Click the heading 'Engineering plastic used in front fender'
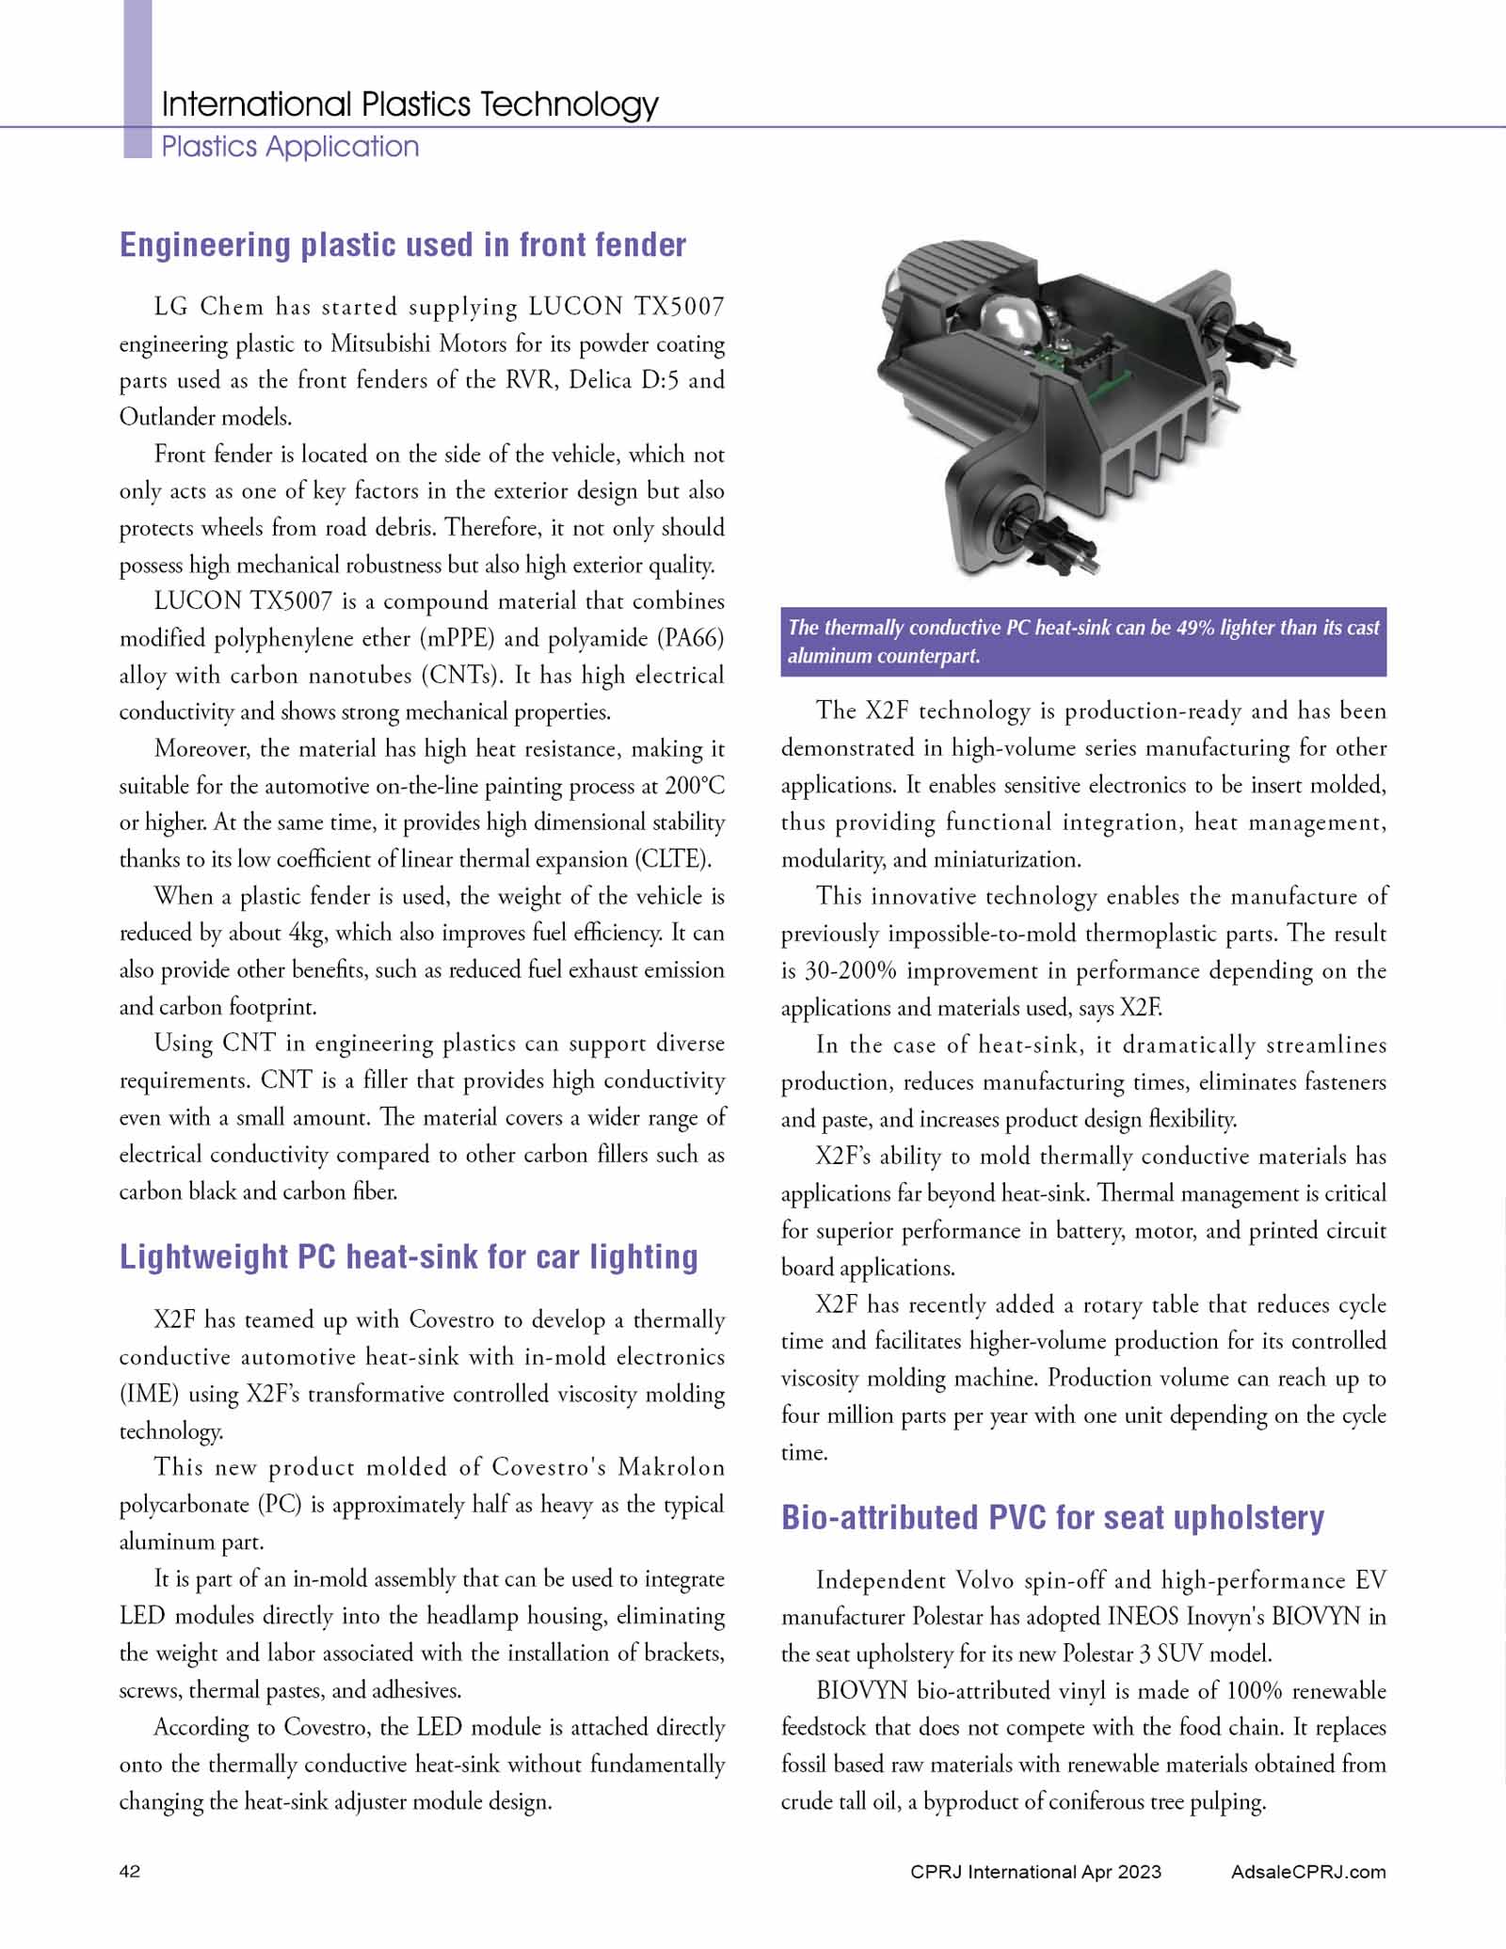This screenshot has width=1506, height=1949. point(403,245)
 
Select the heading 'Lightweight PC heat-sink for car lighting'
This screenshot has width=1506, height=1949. point(409,1257)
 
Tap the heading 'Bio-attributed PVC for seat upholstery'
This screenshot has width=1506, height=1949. point(1052,1518)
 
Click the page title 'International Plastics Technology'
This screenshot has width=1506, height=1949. point(409,104)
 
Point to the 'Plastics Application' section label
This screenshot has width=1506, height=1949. point(290,147)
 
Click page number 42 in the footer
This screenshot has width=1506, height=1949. point(130,1872)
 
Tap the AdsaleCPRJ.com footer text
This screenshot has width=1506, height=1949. point(1307,1872)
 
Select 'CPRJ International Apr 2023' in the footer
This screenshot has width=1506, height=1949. point(1035,1872)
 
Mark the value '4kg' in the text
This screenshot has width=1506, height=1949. point(306,934)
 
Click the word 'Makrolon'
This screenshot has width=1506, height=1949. point(671,1468)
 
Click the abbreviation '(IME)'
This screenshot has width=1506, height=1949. point(148,1395)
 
